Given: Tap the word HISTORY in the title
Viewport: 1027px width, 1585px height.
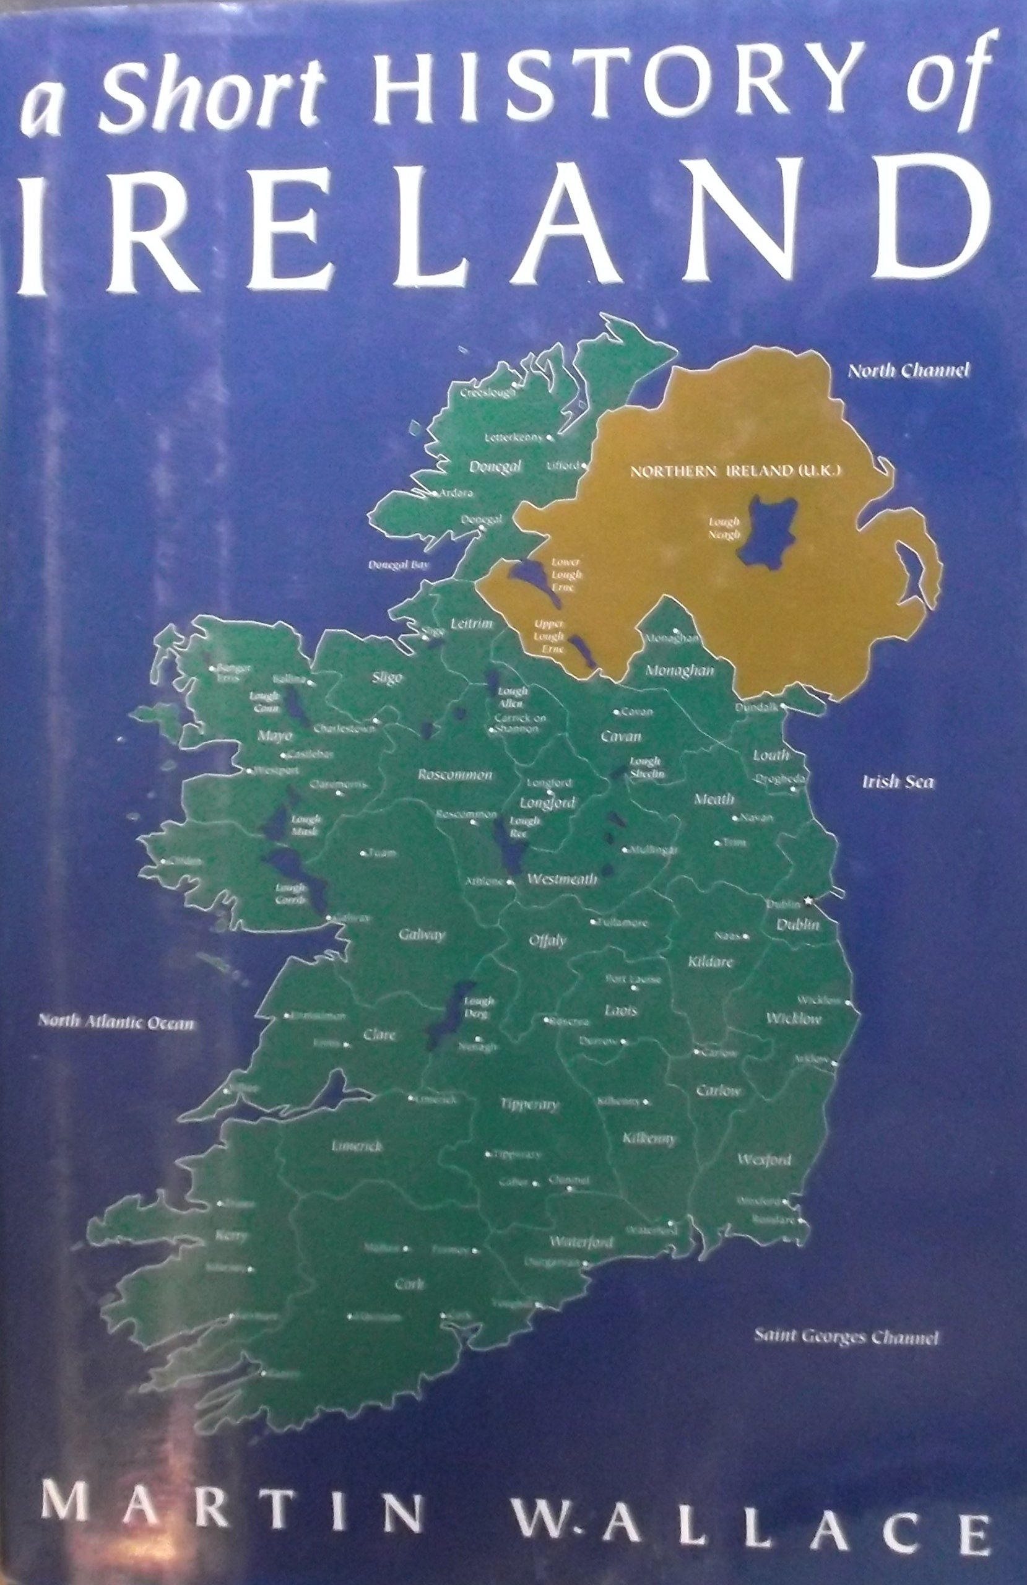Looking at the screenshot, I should click(609, 87).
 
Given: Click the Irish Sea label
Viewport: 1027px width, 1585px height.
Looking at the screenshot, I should click(898, 782).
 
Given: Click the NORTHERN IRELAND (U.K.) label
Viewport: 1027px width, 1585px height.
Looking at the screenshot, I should click(737, 472).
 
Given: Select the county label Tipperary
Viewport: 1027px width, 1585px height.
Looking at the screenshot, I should click(529, 1104).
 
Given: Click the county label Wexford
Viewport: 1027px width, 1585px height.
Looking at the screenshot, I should click(764, 1160).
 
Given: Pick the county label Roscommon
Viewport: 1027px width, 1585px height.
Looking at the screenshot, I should click(455, 775).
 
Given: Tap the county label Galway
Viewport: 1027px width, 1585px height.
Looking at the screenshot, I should click(421, 935).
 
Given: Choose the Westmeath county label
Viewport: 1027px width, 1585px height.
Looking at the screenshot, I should click(562, 879).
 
